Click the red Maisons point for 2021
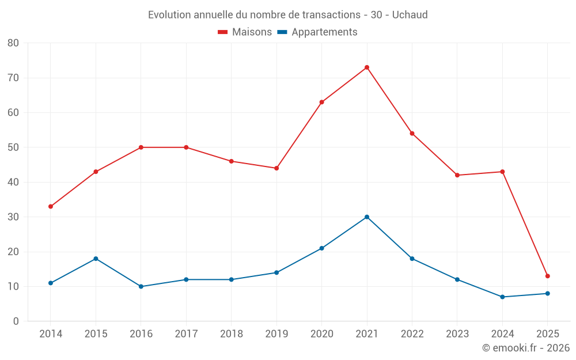(367, 67)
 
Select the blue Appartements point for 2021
(367, 217)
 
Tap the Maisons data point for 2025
(547, 276)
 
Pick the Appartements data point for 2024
(502, 297)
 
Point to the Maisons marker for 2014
(51, 206)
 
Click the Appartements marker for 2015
(96, 259)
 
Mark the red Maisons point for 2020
(321, 102)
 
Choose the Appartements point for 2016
(141, 286)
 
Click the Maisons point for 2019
(276, 168)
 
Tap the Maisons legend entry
(245, 32)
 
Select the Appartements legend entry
(317, 32)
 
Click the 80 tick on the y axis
(13, 43)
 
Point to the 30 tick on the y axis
(13, 217)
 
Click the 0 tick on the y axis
(16, 321)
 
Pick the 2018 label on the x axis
(231, 334)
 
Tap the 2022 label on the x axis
(412, 334)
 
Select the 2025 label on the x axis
(547, 334)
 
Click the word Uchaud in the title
(410, 15)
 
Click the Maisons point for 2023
(457, 175)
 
